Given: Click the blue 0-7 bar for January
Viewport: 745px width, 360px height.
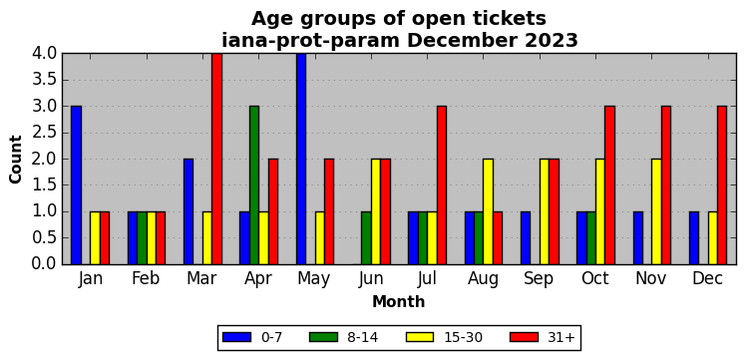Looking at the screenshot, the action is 76,184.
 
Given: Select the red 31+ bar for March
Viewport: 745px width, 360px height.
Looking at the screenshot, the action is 216,159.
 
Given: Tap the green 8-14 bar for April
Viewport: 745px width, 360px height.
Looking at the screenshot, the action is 254,184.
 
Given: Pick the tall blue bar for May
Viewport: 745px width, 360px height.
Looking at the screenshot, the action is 301,159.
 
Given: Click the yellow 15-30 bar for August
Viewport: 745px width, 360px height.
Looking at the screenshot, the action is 488,211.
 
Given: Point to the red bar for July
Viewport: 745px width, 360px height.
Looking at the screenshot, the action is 442,184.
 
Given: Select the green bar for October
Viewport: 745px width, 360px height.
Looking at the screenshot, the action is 591,237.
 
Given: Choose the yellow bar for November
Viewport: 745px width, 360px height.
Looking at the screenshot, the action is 656,211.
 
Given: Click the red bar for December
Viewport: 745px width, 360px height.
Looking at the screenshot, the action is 722,184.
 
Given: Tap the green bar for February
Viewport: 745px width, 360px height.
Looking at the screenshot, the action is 142,237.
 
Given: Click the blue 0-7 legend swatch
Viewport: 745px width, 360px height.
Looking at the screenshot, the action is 236,337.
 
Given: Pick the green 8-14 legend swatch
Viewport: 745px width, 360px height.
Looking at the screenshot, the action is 323,337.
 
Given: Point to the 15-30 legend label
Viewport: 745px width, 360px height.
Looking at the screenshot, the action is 463,337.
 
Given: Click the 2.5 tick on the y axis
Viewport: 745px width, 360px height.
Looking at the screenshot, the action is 43,133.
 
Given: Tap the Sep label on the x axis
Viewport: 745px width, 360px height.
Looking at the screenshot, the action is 540,279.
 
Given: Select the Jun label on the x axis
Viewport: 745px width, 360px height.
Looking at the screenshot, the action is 371,279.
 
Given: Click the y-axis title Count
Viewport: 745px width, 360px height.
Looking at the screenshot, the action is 16,160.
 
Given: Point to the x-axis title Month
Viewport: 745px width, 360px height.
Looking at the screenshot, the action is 399,301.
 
